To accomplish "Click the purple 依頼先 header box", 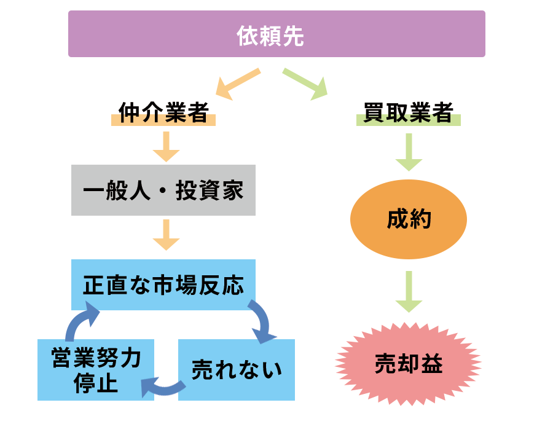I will (276, 34).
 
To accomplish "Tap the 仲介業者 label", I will (163, 114).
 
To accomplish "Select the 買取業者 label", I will (408, 114).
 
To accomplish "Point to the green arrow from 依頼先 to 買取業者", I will (305, 84).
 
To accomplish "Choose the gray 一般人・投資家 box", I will (163, 190).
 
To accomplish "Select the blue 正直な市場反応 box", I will (163, 285).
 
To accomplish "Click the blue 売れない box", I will (237, 370).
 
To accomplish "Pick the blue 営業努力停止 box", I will (96, 370).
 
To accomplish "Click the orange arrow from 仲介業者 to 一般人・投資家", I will (165, 147).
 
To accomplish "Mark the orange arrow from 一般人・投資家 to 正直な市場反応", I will (165, 235).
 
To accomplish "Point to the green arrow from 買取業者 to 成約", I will (409, 152).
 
